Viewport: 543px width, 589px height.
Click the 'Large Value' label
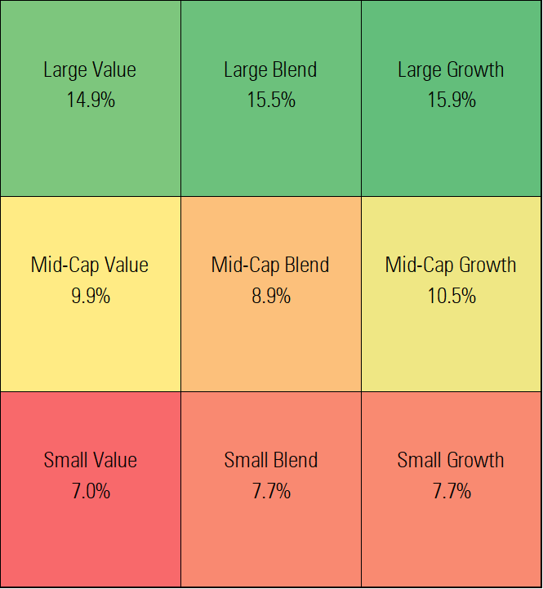coord(90,69)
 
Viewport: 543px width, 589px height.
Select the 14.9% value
coord(90,100)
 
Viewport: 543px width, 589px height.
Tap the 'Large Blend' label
coord(270,69)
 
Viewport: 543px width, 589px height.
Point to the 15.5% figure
coord(270,100)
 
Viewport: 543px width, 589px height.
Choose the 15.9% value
coord(452,100)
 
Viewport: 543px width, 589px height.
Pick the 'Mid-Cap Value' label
coord(90,265)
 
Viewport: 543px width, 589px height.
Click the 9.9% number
coord(90,295)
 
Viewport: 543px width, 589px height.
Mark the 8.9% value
coord(270,295)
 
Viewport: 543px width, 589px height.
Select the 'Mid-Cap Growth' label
coord(451,265)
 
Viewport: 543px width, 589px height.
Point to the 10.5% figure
coord(452,295)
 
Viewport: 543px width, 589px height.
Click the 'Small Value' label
coord(90,460)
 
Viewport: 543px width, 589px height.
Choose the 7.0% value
coord(90,490)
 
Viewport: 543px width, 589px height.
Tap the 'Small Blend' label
coord(270,460)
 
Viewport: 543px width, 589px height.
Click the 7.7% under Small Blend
coord(270,490)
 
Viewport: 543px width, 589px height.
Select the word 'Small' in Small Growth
coord(419,460)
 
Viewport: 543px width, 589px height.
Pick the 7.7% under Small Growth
coord(452,490)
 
